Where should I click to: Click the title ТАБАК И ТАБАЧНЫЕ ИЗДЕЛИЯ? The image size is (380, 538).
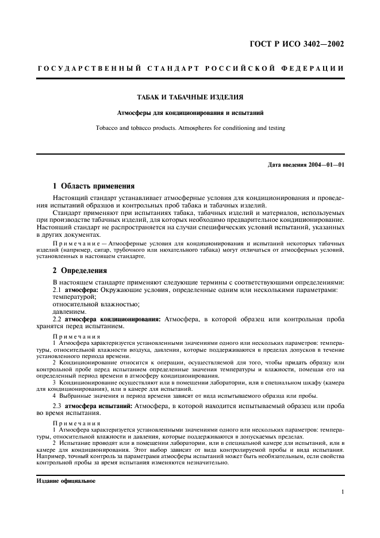190,98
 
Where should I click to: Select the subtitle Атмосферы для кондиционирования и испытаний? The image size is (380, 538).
190,113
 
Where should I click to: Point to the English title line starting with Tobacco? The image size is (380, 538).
190,128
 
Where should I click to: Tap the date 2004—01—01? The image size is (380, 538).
325,166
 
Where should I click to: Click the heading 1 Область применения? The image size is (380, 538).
94,186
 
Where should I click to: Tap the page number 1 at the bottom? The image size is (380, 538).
342,492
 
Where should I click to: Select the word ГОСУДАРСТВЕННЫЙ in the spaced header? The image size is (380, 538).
80,69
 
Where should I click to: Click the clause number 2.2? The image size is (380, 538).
57,318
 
